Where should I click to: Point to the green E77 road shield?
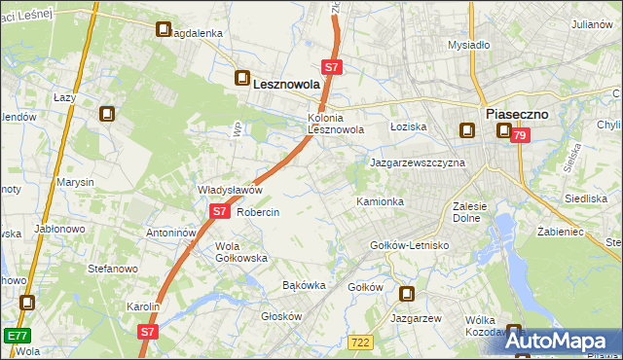[16, 336]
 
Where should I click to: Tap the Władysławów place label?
[231, 190]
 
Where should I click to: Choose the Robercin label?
[258, 212]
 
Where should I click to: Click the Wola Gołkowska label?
[240, 252]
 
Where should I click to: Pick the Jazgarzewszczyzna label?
[417, 162]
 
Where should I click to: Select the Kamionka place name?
[380, 201]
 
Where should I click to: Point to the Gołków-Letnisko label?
[409, 245]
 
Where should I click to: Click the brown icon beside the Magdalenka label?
[164, 29]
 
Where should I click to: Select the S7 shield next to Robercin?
[219, 211]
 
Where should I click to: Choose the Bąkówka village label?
[303, 285]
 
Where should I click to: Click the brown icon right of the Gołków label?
[407, 294]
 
